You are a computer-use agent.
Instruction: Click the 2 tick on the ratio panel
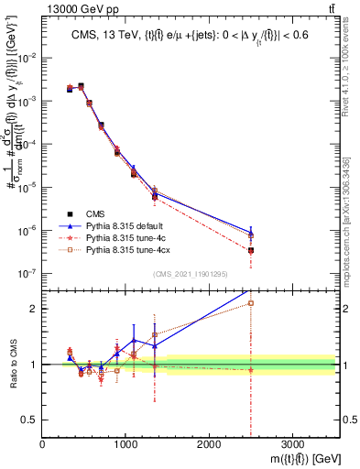34,309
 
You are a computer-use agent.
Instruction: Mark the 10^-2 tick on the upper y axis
27,58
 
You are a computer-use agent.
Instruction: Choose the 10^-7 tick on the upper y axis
27,273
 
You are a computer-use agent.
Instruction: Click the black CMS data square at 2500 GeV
250,250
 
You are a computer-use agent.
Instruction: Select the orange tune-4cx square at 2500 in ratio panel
250,303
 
